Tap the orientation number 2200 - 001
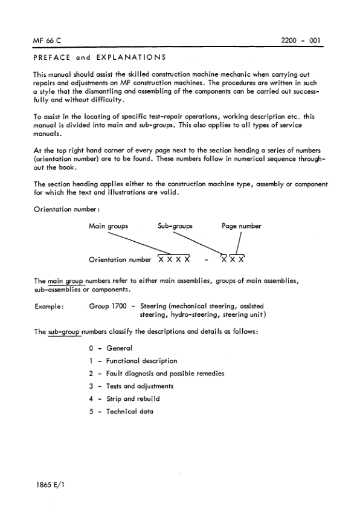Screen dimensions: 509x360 pyautogui.click(x=300, y=42)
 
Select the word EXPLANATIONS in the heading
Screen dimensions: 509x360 pyautogui.click(x=129, y=58)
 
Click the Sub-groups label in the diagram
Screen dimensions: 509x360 pyautogui.click(x=175, y=226)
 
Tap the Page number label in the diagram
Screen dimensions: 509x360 pyautogui.click(x=241, y=226)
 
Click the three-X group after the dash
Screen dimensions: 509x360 pyautogui.click(x=233, y=260)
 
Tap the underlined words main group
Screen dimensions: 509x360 pyautogui.click(x=65, y=281)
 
